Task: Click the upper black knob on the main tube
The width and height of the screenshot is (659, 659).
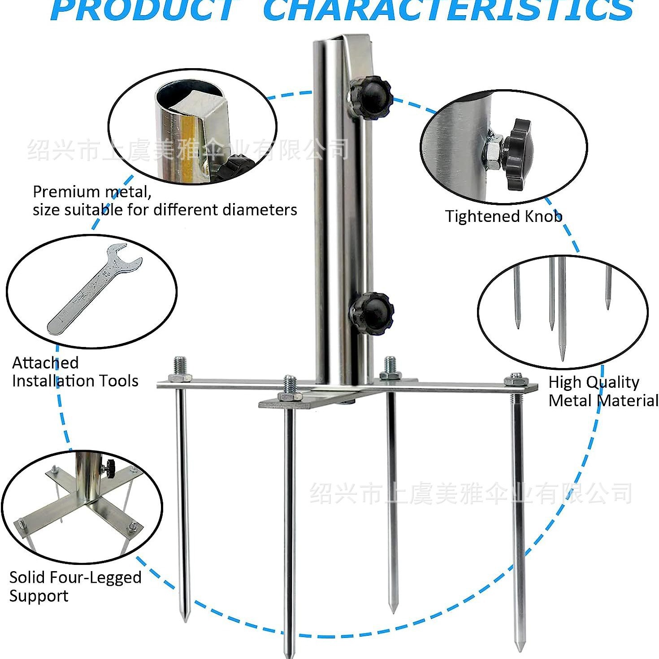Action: click(x=371, y=96)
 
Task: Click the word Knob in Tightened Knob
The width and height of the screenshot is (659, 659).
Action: click(x=543, y=216)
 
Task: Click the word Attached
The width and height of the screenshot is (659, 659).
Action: click(x=45, y=362)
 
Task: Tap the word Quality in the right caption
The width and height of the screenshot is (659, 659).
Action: click(x=616, y=382)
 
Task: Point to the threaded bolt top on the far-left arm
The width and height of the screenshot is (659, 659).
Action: click(x=180, y=364)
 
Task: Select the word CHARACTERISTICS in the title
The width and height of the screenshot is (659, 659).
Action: click(x=447, y=10)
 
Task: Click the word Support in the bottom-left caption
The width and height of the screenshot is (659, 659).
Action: click(x=39, y=596)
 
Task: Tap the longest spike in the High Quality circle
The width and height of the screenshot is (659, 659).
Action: click(x=562, y=309)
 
